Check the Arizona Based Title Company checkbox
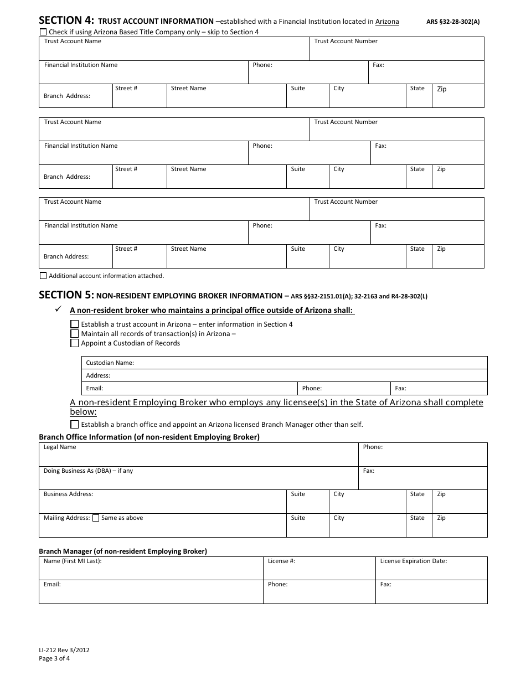click(x=44, y=32)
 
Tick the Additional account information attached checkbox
click(x=43, y=276)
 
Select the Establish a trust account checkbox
click(x=75, y=324)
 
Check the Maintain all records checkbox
click(x=75, y=334)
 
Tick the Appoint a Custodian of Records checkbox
click(x=75, y=343)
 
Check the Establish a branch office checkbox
click(x=75, y=425)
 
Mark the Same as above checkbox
click(x=96, y=518)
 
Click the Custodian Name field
click(x=310, y=363)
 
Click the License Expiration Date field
click(x=431, y=571)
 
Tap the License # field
click(x=319, y=571)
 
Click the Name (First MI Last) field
click(x=151, y=571)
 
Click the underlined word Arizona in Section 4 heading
click(x=387, y=22)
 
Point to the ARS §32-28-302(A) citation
click(x=453, y=22)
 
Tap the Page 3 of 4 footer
click(x=54, y=659)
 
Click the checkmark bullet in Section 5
click(x=58, y=310)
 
